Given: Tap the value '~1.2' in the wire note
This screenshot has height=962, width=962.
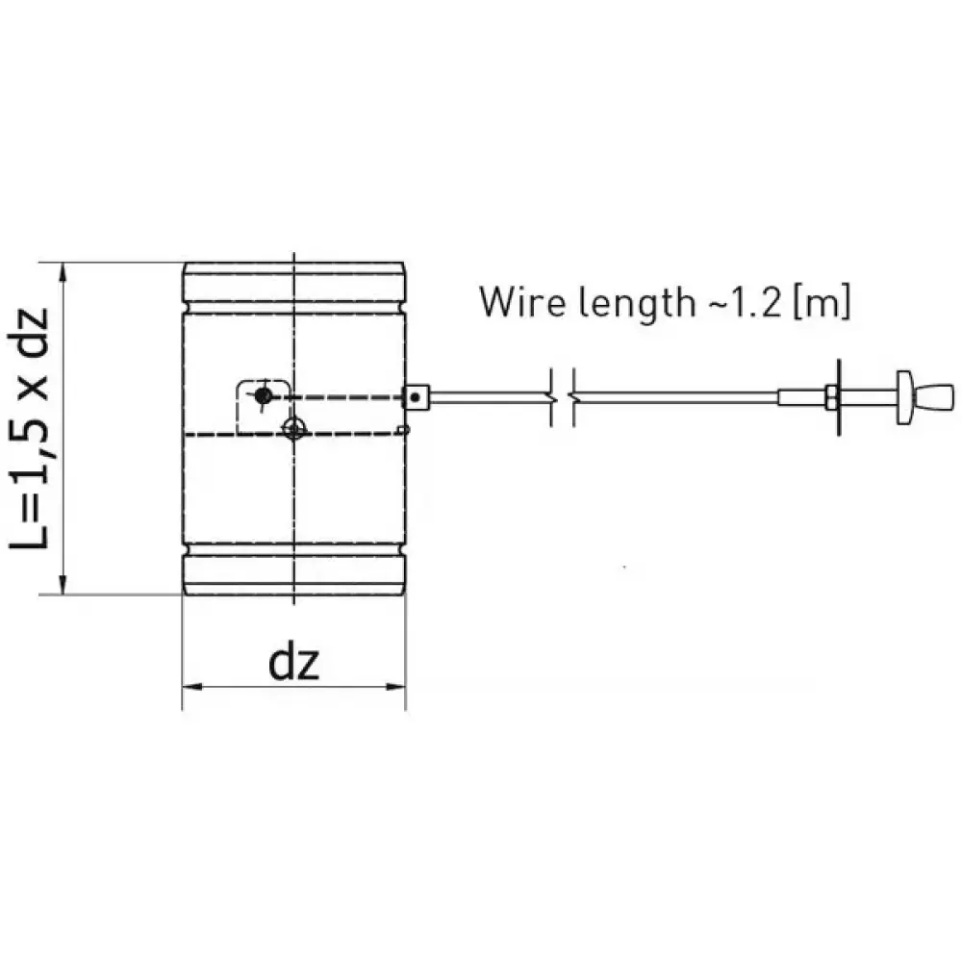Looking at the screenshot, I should (x=736, y=302).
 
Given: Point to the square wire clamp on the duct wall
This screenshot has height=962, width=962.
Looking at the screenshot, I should (x=415, y=395).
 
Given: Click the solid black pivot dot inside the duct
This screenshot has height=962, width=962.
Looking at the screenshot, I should (x=262, y=394).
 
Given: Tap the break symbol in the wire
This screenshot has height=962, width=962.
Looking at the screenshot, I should (x=561, y=396).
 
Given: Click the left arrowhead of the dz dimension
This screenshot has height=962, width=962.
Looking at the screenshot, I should (x=190, y=687).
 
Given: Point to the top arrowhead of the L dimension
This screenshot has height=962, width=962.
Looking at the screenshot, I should (x=63, y=271).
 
